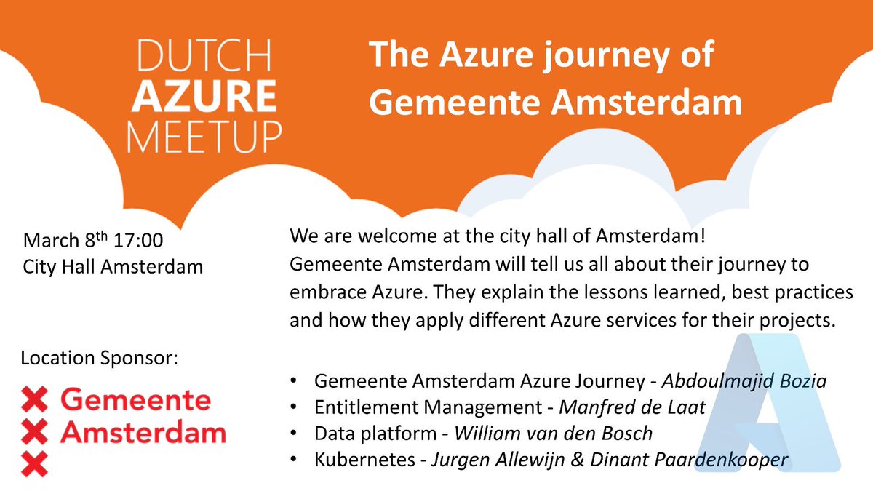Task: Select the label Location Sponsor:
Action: [100, 359]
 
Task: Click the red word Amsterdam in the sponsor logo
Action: [143, 433]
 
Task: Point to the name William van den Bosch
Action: [553, 434]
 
